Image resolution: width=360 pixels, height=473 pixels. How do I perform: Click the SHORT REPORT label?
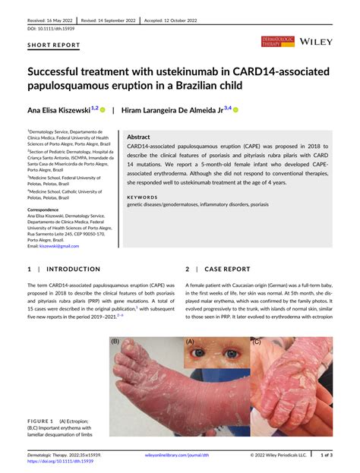[x=54, y=46]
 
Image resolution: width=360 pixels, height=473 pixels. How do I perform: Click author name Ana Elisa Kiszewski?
[x=58, y=110]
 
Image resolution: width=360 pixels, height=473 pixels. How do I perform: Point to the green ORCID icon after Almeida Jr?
[x=236, y=110]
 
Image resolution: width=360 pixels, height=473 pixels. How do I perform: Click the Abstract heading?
[x=144, y=136]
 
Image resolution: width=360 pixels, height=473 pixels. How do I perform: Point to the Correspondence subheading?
[x=49, y=210]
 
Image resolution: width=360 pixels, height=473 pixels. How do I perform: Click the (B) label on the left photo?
[x=116, y=342]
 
